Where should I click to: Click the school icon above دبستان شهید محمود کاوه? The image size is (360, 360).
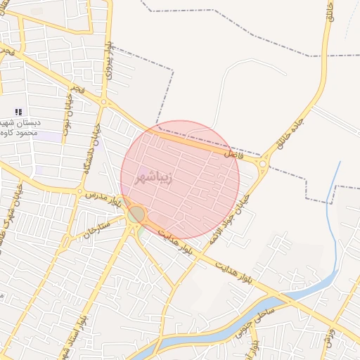tap(18, 112)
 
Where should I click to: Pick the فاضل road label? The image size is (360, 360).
tap(233, 152)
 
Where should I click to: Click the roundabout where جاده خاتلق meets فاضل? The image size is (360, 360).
tap(264, 165)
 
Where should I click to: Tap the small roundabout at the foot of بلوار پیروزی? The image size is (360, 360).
tap(104, 103)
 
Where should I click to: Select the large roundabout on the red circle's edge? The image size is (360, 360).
tap(136, 214)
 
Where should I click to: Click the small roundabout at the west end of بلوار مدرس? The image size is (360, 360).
tap(79, 191)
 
